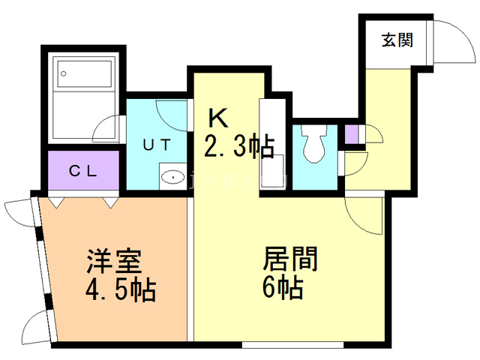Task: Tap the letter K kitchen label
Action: coord(217,118)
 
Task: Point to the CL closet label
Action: coord(82,170)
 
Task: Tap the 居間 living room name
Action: coord(290,259)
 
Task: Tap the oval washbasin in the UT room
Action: coord(173,178)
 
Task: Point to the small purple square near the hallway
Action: coord(352,134)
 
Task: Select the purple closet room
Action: coord(83,170)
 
